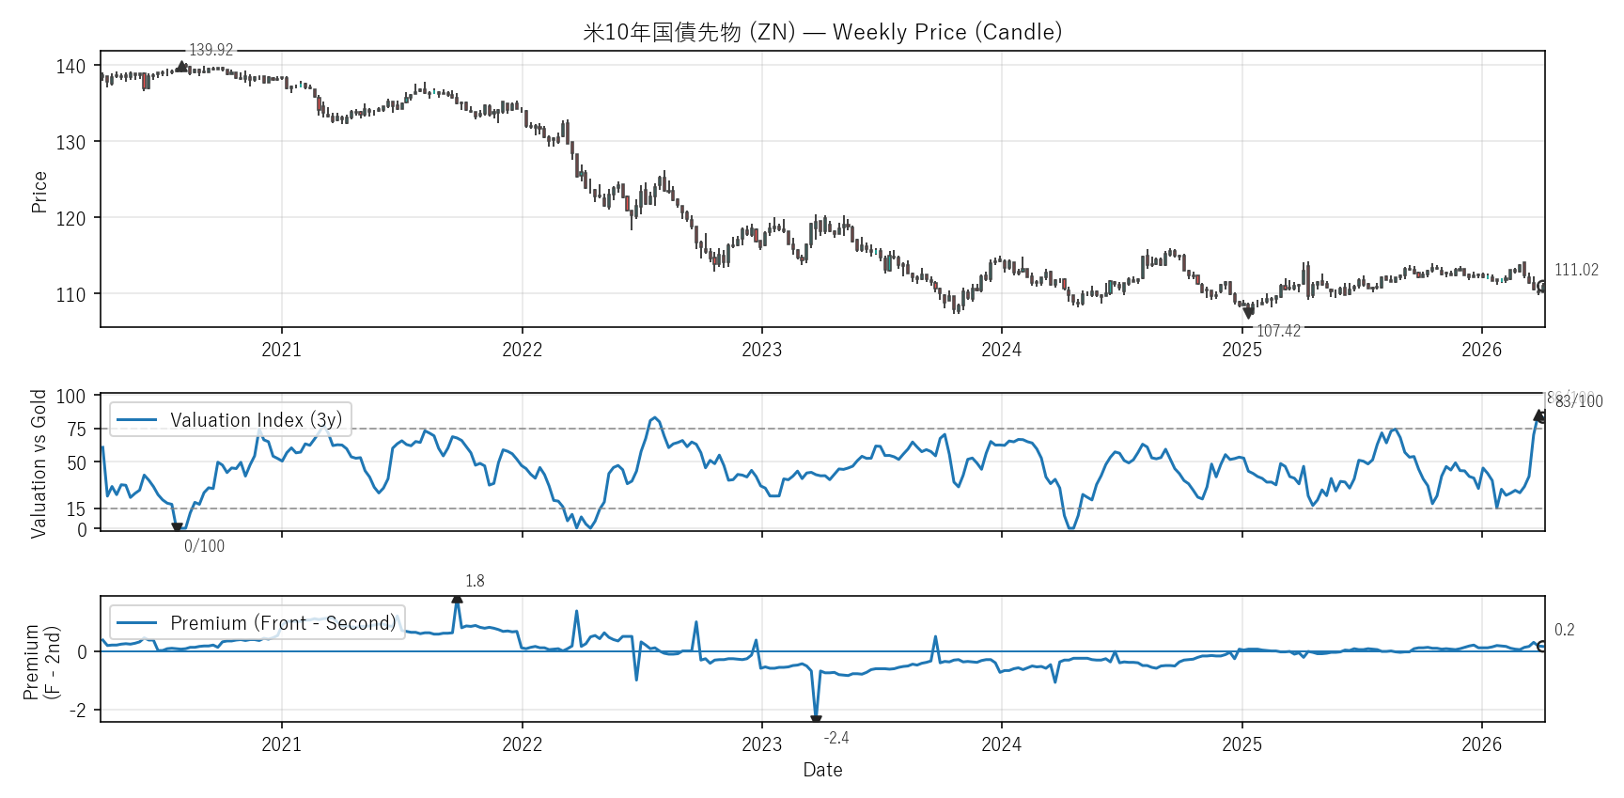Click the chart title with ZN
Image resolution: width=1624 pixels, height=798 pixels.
pos(822,32)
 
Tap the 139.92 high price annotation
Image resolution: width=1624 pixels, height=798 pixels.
pos(211,50)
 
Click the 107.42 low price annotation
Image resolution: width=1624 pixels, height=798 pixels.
pos(1278,331)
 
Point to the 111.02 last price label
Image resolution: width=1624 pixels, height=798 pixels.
pos(1576,270)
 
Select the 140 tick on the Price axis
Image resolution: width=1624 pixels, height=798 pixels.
pos(70,67)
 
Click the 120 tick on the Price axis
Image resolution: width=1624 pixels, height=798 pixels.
pos(70,219)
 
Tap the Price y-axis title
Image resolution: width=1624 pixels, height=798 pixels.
pos(39,192)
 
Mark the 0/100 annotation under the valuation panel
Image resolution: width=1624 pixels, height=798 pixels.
pos(204,546)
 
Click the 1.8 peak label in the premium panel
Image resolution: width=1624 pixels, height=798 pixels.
pos(475,581)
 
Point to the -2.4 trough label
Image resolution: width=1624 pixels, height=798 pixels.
pos(836,738)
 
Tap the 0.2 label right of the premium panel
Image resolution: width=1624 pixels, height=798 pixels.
pos(1564,630)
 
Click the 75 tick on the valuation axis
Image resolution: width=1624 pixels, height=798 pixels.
pos(76,430)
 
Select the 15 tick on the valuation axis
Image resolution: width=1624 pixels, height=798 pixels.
pos(76,509)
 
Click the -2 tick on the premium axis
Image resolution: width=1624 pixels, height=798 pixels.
pos(77,711)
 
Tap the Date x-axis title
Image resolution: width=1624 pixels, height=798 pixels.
pos(822,770)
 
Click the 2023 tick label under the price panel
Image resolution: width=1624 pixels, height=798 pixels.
pos(761,350)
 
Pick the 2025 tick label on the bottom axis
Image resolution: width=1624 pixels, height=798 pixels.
pos(1241,744)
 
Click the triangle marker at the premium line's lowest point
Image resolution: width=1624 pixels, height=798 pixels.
pos(816,720)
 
